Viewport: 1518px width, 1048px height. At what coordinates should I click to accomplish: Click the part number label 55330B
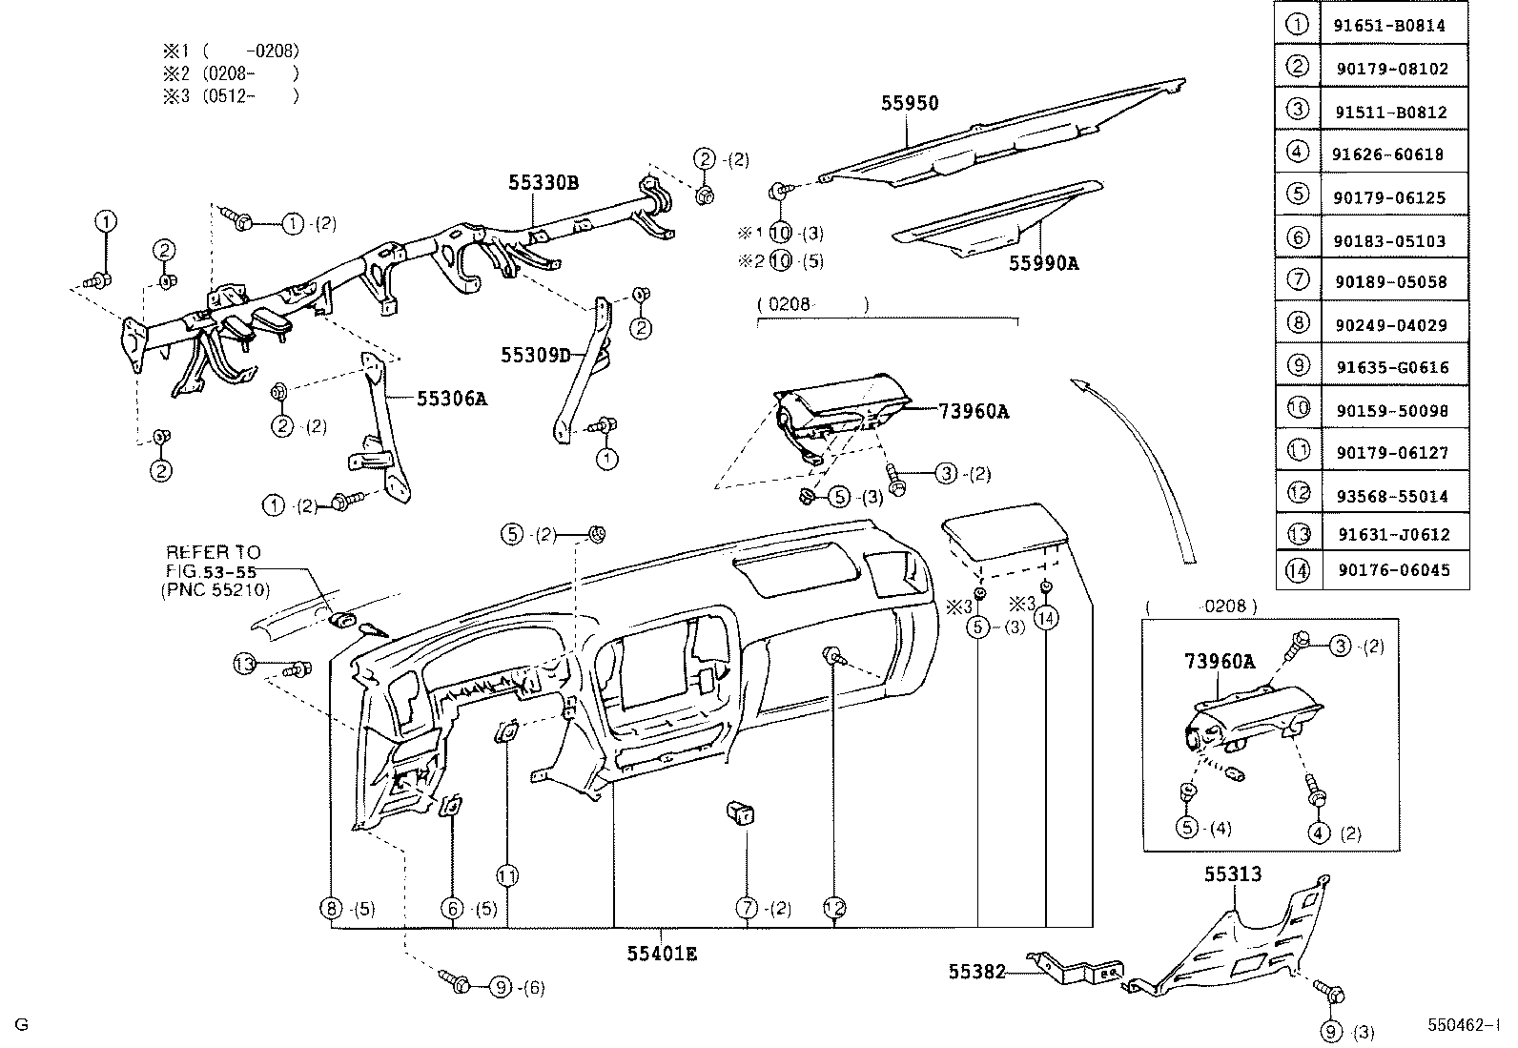click(544, 183)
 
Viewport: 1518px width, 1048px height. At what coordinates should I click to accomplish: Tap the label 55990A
click(1043, 263)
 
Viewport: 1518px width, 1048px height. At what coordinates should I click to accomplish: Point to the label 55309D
click(535, 355)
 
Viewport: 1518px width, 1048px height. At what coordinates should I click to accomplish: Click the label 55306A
click(451, 399)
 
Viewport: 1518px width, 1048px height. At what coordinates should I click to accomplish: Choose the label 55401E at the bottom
click(662, 953)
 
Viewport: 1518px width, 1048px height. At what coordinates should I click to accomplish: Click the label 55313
click(1232, 874)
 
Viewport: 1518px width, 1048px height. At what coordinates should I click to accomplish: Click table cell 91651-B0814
click(1396, 27)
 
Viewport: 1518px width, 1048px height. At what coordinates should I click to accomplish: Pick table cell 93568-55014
click(1396, 496)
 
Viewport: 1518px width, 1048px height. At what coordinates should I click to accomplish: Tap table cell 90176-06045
click(1396, 570)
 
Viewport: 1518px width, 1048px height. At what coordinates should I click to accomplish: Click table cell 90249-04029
click(1396, 325)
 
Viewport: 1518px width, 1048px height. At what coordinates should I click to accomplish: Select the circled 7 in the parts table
click(1298, 281)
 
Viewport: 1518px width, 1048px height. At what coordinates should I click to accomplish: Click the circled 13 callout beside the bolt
click(245, 664)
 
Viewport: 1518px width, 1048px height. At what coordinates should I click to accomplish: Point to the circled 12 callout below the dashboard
click(835, 908)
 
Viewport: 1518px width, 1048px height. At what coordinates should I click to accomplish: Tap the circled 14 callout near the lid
click(1046, 618)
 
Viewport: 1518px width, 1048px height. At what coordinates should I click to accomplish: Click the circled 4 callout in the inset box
click(1319, 832)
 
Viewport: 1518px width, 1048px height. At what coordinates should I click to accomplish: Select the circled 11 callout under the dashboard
click(506, 875)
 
